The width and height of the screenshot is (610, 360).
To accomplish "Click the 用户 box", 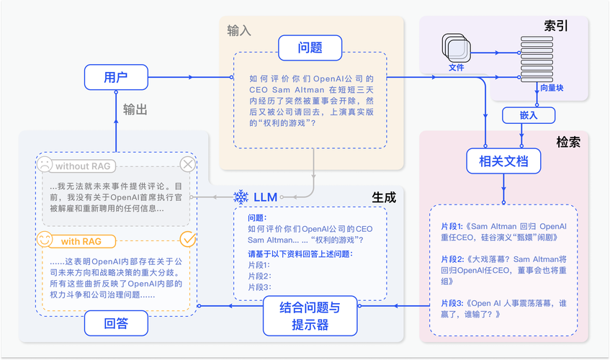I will pyautogui.click(x=116, y=76).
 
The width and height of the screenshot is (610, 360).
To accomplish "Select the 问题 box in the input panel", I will pyautogui.click(x=310, y=48).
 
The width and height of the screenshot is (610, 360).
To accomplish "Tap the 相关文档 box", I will pyautogui.click(x=503, y=161).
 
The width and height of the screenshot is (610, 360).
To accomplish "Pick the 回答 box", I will pyautogui.click(x=116, y=323).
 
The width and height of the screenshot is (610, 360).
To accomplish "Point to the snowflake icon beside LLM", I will pyautogui.click(x=241, y=197).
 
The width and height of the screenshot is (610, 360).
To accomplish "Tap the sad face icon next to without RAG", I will pyautogui.click(x=45, y=165).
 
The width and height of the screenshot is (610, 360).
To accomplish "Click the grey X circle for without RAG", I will pyautogui.click(x=188, y=165).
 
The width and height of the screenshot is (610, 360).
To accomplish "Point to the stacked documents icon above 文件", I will pyautogui.click(x=457, y=48).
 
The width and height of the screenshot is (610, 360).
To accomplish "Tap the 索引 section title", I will pyautogui.click(x=556, y=26).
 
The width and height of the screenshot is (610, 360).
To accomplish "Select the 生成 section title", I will pyautogui.click(x=383, y=197).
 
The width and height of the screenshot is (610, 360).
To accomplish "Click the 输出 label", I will pyautogui.click(x=135, y=109).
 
